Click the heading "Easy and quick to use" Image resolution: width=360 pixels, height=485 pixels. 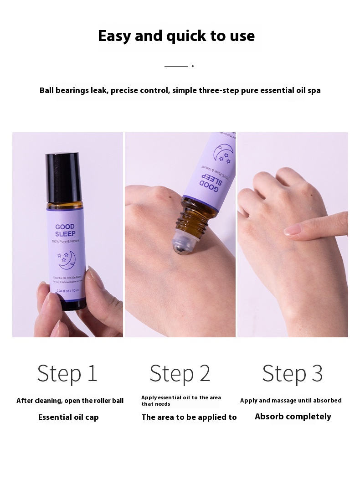click(x=176, y=36)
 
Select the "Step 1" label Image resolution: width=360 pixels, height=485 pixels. click(x=67, y=373)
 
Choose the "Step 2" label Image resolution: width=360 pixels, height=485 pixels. click(x=180, y=373)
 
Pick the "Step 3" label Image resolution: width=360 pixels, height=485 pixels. click(x=293, y=373)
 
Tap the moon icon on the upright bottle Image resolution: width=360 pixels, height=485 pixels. click(x=66, y=259)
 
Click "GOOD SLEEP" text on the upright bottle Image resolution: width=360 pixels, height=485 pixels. click(x=65, y=230)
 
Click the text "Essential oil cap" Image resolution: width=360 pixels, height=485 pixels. click(x=68, y=417)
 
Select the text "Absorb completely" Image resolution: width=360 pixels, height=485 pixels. click(x=293, y=417)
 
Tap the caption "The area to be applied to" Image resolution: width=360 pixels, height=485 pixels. click(x=189, y=417)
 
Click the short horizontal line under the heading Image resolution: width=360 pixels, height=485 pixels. click(x=176, y=66)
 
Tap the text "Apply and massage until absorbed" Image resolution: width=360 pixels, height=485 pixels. click(x=291, y=401)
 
